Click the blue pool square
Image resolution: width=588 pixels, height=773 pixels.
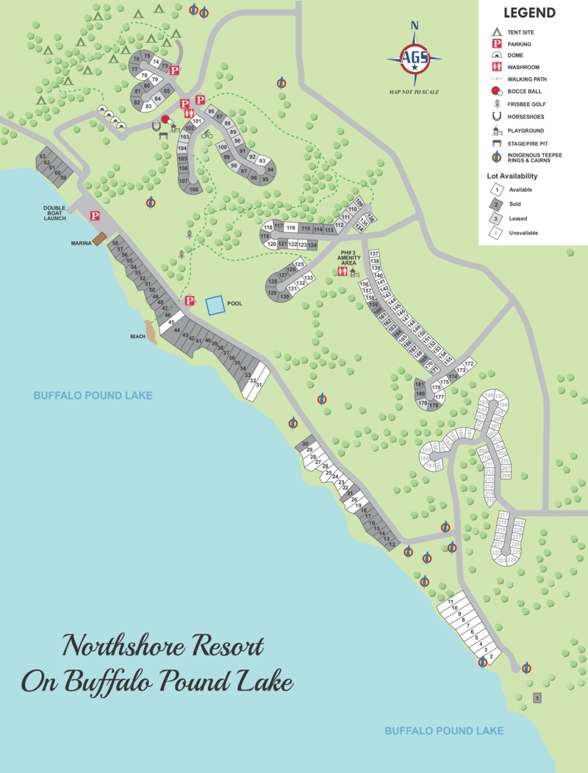215,306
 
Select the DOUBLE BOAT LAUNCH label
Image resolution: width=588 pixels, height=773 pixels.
54,213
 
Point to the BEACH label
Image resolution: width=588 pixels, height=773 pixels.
137,337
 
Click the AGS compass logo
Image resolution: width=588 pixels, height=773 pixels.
415,60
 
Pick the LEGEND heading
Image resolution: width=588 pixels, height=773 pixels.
529,13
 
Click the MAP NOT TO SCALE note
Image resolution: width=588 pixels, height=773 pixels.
414,92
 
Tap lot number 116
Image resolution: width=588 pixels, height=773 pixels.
291,228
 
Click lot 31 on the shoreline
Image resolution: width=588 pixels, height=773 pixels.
259,384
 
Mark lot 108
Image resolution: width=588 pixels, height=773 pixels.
194,190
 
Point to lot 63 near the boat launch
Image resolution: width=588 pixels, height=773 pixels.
43,157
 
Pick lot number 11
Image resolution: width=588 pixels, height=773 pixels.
450,602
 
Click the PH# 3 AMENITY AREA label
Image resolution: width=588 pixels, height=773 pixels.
348,258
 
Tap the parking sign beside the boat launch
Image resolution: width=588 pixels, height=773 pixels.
95,215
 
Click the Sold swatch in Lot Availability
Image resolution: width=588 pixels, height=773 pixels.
496,204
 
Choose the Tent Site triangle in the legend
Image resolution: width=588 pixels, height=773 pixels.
496,32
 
